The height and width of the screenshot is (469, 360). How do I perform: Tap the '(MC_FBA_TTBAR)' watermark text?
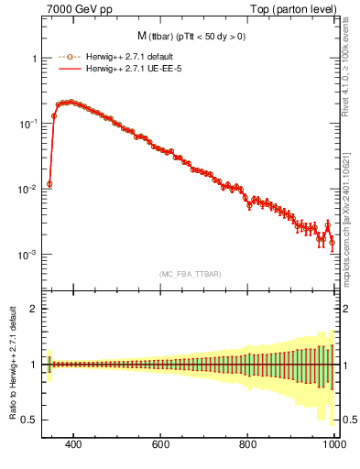[190, 273]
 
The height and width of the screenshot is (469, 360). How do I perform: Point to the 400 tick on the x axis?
[74, 445]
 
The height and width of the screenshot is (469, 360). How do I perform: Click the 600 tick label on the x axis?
[161, 445]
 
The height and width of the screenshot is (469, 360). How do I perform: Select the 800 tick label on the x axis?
[248, 445]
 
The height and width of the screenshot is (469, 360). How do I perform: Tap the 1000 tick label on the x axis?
[333, 445]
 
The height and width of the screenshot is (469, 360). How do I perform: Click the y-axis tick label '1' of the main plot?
[34, 59]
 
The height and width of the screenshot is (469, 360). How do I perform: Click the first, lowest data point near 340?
[49, 183]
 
